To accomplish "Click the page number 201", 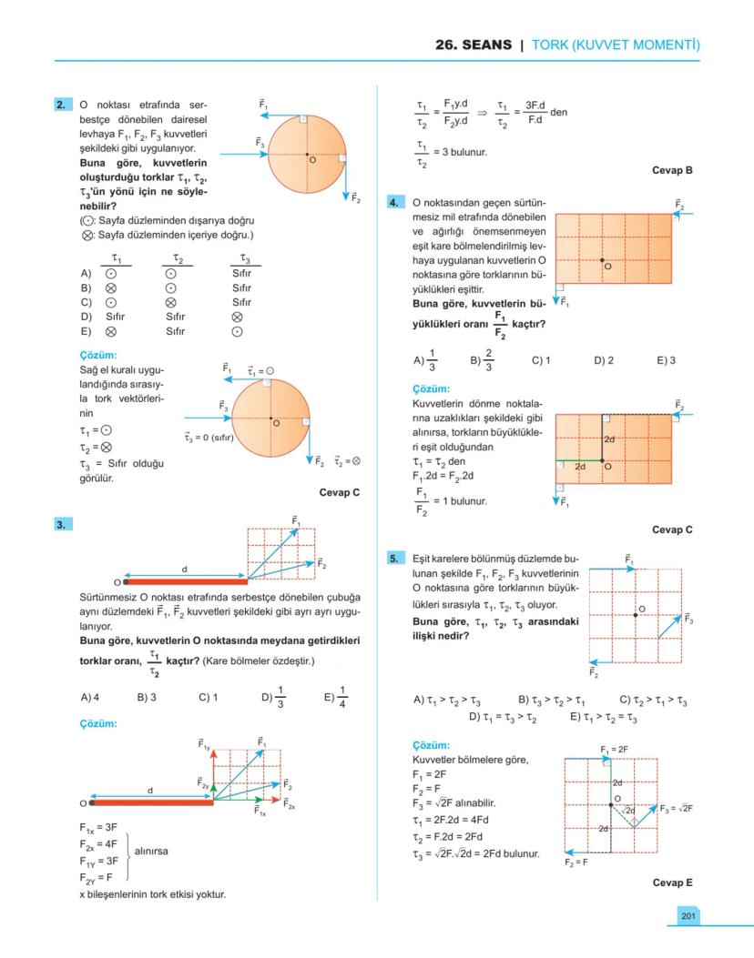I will tap(688, 915).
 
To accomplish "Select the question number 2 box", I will tap(61, 105).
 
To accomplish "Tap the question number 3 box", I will tap(61, 524).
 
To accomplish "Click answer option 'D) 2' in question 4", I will tap(604, 360).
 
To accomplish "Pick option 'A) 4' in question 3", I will tap(89, 698).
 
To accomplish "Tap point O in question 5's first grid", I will tap(636, 615).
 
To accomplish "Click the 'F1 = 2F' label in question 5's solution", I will tap(616, 748).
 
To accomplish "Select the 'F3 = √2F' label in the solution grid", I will tap(677, 808).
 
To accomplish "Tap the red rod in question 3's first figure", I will tap(187, 580).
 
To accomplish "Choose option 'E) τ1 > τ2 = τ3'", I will tap(604, 717).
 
